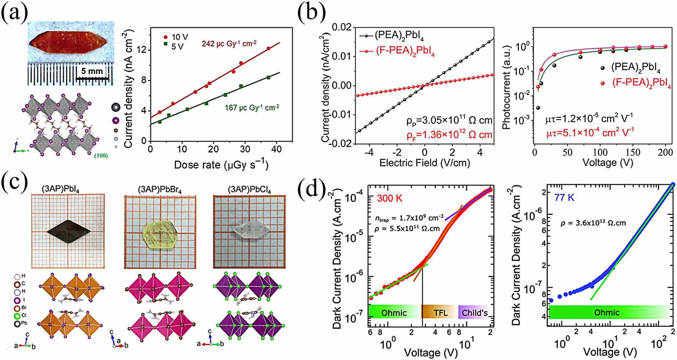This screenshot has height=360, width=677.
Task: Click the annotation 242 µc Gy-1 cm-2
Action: pyautogui.click(x=229, y=43)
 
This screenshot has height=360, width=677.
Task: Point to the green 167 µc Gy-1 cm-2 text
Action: pyautogui.click(x=252, y=107)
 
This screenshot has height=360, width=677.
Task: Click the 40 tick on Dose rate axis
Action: pyautogui.click(x=276, y=149)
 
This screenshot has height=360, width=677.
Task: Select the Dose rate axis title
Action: pyautogui.click(x=221, y=165)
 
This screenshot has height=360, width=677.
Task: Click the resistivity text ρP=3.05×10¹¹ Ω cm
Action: pyautogui.click(x=449, y=121)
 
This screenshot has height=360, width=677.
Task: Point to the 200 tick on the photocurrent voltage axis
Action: pyautogui.click(x=665, y=152)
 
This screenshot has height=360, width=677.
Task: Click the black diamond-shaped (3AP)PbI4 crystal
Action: pyautogui.click(x=68, y=231)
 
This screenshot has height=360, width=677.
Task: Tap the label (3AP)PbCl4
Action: pyautogui.click(x=249, y=190)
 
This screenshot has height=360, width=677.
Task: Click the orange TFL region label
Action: pyautogui.click(x=440, y=312)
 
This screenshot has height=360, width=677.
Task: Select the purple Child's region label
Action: pyautogui.click(x=474, y=312)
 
